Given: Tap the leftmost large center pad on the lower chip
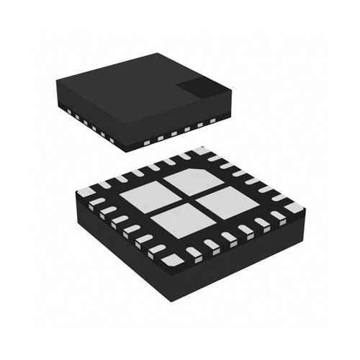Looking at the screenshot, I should (x=143, y=198).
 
